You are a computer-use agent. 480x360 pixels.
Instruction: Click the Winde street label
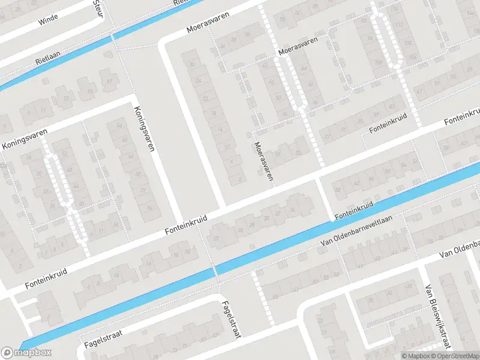(x=48, y=21)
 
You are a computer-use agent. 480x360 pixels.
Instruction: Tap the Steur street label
(x=99, y=8)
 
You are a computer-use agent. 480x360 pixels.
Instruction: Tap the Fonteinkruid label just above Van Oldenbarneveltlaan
(x=354, y=209)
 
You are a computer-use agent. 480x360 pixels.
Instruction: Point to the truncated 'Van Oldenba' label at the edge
(x=459, y=248)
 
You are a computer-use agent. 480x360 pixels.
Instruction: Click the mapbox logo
(x=27, y=352)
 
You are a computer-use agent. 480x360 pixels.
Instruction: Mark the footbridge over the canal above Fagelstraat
(x=214, y=271)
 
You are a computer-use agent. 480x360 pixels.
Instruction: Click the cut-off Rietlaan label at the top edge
(x=180, y=2)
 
